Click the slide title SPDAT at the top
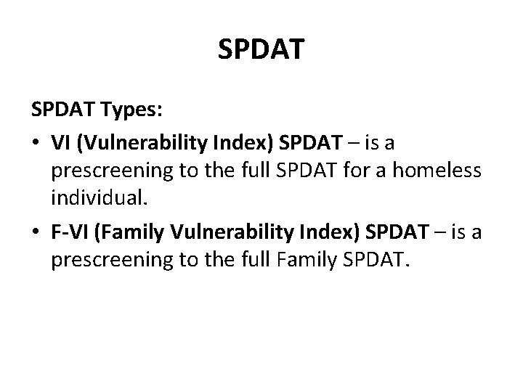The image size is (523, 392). (261, 49)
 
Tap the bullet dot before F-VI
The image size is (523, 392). (36, 232)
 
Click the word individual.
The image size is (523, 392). (95, 201)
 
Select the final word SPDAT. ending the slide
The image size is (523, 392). (383, 262)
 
